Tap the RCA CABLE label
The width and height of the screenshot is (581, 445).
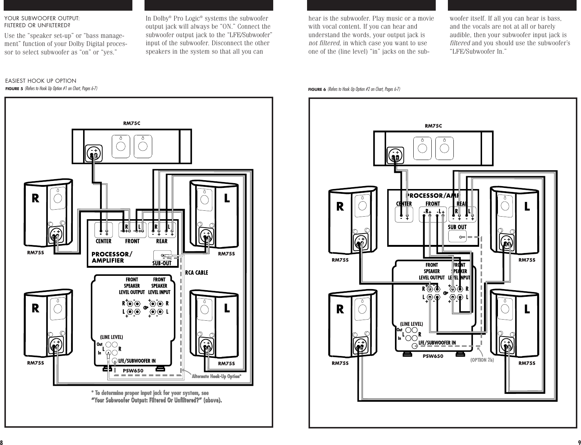click(x=196, y=273)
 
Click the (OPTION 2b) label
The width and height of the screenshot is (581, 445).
click(x=482, y=360)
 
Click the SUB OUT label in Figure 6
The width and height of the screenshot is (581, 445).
click(x=457, y=227)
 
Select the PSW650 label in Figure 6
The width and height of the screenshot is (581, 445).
click(x=433, y=356)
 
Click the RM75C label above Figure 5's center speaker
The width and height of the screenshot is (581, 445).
click(x=131, y=124)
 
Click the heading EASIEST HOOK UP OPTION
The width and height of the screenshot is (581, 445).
click(x=40, y=81)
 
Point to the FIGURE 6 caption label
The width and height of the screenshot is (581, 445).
click(x=317, y=89)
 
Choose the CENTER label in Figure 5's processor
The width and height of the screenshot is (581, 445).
click(x=103, y=241)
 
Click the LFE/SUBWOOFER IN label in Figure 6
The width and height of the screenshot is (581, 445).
click(x=437, y=343)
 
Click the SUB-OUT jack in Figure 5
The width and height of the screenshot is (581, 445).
click(x=162, y=255)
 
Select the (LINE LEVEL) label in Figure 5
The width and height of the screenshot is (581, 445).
click(x=111, y=337)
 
